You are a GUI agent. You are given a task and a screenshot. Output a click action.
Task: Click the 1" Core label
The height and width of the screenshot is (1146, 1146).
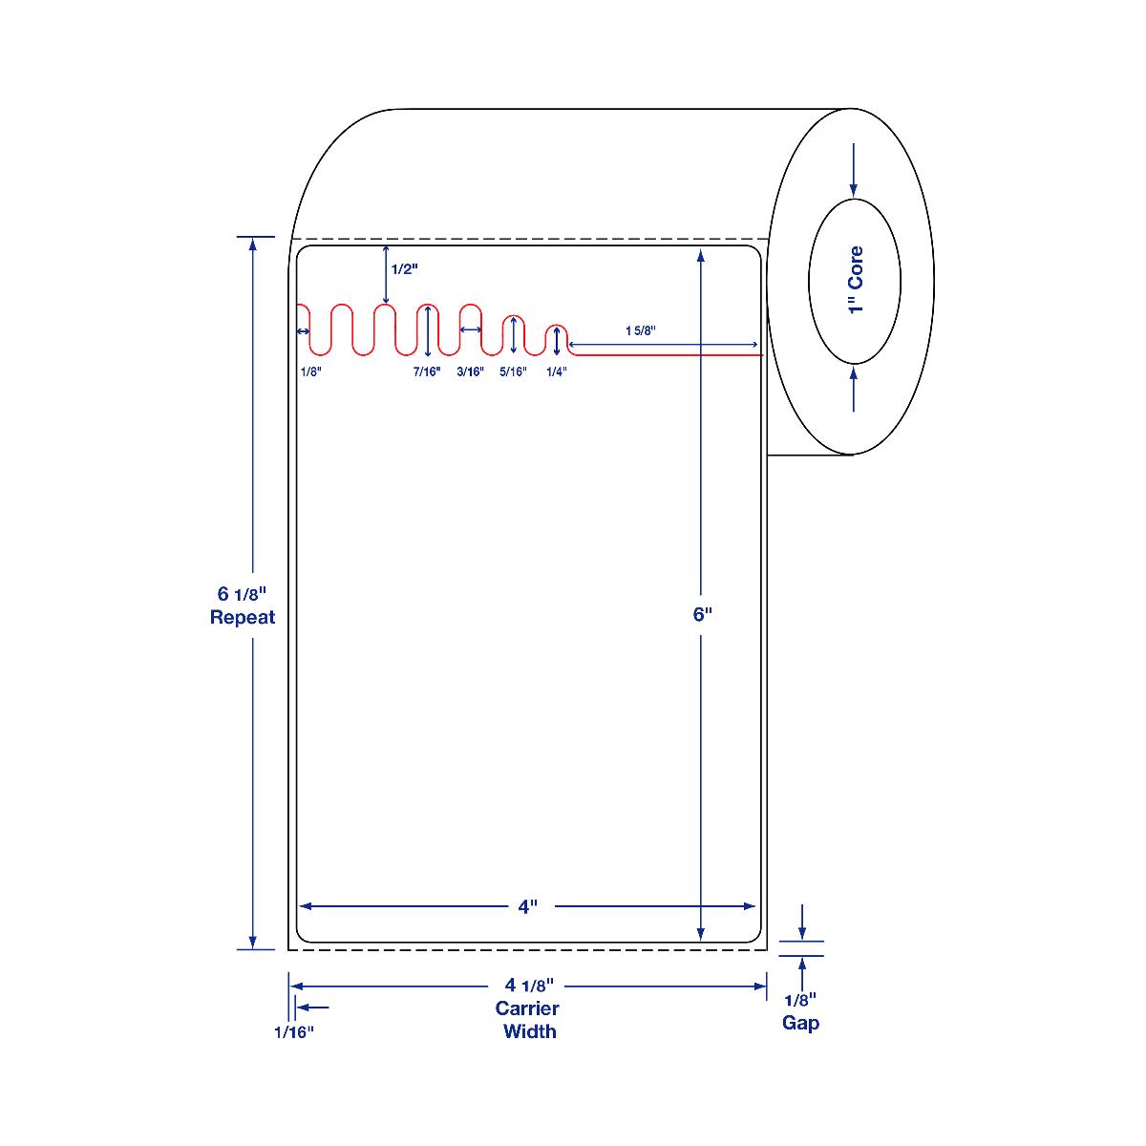pos(856,280)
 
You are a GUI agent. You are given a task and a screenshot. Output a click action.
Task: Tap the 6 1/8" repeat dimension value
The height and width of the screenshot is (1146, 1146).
pos(242,593)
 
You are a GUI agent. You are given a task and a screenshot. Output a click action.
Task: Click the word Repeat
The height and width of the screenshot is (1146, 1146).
pos(243,617)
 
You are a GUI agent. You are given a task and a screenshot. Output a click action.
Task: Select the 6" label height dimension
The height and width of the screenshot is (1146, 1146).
pos(702,614)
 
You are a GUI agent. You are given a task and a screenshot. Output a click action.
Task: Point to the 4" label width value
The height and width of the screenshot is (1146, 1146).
pos(527,907)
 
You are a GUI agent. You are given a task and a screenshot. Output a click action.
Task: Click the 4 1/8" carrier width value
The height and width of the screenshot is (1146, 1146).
pos(529,986)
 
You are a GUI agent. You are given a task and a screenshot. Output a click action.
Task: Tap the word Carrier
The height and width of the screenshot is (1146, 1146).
pos(527,1008)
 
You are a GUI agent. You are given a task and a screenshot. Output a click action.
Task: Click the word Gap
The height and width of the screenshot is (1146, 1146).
pos(800,1024)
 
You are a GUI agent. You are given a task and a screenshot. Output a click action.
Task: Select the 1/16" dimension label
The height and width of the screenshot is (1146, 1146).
pos(294,1032)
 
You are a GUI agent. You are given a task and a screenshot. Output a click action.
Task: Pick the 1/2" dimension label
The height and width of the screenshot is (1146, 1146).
pos(404,269)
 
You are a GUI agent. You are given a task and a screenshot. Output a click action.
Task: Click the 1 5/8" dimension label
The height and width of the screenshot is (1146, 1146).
pos(641,330)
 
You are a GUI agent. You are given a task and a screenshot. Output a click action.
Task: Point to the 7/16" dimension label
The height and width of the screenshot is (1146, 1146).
pos(427,371)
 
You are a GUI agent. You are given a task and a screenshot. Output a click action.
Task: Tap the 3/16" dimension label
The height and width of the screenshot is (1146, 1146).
pos(471,371)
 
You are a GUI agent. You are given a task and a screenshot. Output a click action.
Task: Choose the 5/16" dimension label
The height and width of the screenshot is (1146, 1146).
pos(513,371)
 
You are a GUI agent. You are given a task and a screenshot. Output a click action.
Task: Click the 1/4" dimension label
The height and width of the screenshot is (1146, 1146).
pos(557,371)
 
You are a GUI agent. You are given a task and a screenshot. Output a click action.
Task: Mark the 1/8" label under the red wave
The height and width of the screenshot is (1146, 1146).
pos(311,371)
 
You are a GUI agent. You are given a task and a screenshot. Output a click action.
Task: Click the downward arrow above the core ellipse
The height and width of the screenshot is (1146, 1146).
pos(854,170)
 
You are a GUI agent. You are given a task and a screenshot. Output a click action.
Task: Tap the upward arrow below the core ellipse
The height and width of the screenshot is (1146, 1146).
pos(854,389)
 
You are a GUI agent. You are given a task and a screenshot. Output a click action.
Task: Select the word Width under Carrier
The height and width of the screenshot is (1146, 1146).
pos(530,1031)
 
